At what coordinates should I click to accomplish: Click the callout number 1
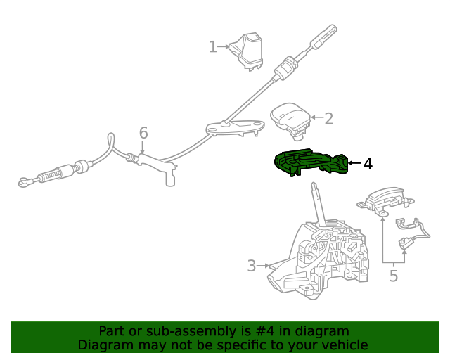[x=212, y=47]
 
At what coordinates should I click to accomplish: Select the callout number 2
[x=328, y=118]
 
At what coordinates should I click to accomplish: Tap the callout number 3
[x=252, y=266]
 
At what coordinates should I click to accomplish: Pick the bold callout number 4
[x=368, y=164]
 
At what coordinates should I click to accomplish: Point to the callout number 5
[x=394, y=276]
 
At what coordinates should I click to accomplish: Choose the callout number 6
[x=143, y=133]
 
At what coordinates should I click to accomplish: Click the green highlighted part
[x=311, y=162]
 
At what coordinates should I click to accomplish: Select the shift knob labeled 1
[x=247, y=51]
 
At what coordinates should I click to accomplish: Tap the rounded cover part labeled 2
[x=290, y=120]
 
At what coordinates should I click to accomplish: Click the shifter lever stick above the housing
[x=319, y=205]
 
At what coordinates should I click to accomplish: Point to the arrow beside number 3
[x=263, y=266]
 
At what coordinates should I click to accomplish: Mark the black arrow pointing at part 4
[x=354, y=163]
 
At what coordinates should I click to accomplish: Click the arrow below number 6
[x=142, y=148]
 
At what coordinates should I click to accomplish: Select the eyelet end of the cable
[x=23, y=182]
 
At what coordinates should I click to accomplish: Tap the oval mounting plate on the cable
[x=235, y=127]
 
